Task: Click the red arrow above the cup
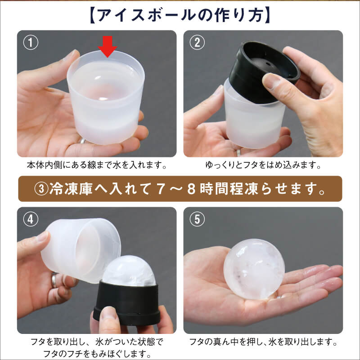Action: [108, 47]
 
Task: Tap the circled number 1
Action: [31, 42]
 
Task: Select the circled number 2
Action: [197, 42]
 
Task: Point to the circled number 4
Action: [31, 219]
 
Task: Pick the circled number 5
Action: [197, 219]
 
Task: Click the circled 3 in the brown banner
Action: [41, 189]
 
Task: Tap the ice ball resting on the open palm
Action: [254, 269]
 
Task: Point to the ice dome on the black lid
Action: [129, 271]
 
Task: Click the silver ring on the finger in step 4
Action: [54, 280]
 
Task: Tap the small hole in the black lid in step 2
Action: [267, 62]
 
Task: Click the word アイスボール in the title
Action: [147, 15]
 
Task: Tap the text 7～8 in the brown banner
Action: [176, 189]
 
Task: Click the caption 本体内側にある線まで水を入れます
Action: [97, 165]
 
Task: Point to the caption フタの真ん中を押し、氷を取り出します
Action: [263, 342]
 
